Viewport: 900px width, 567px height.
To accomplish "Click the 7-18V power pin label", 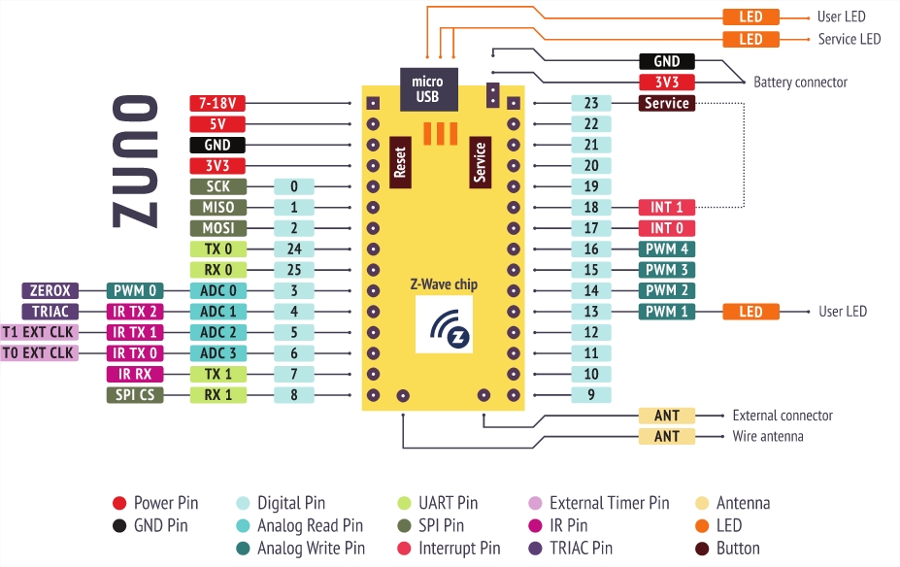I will [217, 103].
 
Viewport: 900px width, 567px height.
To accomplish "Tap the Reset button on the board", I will [399, 160].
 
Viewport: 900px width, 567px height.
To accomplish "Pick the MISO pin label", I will [217, 207].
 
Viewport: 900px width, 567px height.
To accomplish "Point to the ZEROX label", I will [50, 290].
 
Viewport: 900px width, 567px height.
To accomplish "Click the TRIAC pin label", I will [50, 311].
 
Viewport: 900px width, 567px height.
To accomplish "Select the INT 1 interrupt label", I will [666, 207].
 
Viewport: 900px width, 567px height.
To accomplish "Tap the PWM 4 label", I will [666, 249].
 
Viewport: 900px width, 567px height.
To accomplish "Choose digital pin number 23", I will [591, 103].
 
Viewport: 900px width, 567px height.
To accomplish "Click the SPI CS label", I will [134, 394].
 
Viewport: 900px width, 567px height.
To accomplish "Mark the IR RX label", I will [134, 374].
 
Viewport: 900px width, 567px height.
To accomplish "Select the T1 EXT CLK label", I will [39, 332].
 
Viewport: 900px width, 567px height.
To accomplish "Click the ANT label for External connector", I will [666, 416].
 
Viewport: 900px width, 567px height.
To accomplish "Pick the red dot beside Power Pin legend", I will [119, 503].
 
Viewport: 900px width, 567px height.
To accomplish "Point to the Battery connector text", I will [800, 83].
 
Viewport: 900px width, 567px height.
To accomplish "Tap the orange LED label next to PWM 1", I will [750, 312].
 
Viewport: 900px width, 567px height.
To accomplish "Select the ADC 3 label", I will [217, 352].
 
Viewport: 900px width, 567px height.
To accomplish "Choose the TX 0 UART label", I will [217, 249].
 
